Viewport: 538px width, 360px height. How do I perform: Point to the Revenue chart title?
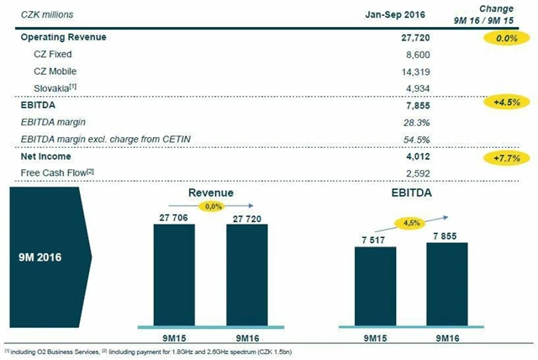[210, 193]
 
